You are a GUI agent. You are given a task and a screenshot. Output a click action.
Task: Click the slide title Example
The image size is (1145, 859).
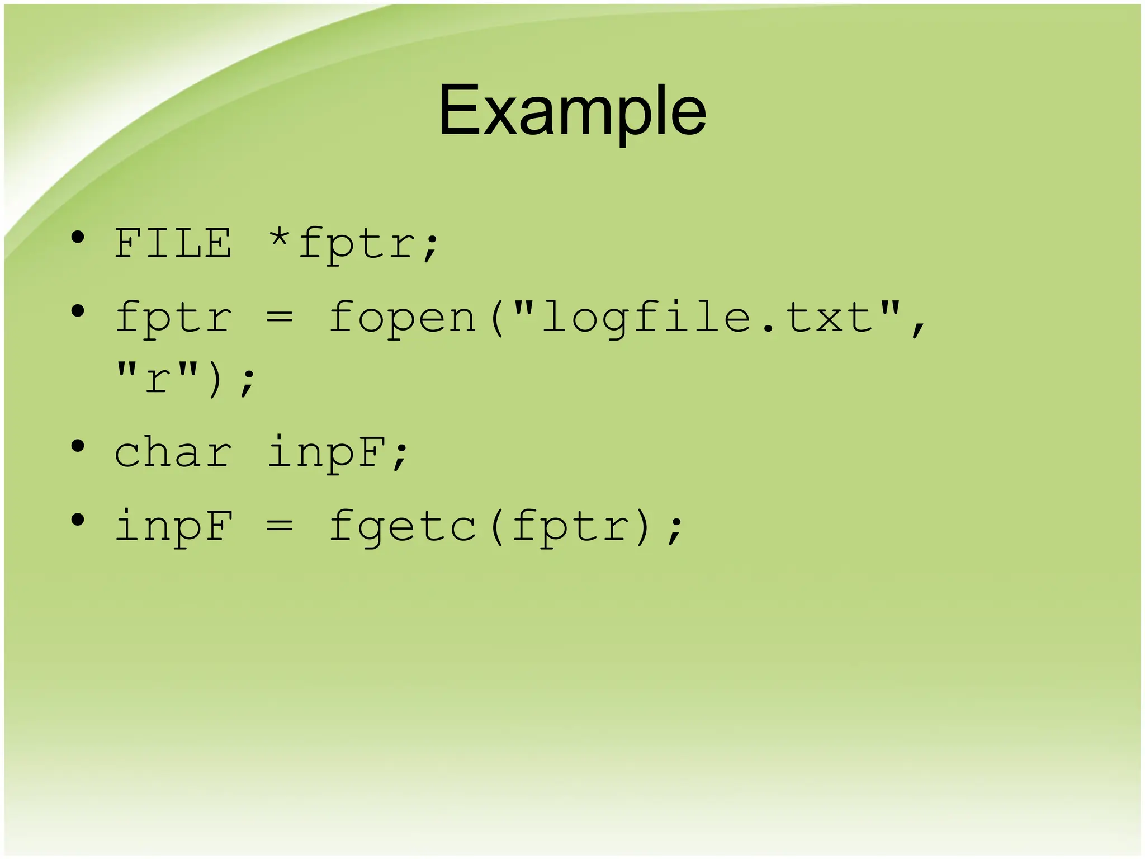572,111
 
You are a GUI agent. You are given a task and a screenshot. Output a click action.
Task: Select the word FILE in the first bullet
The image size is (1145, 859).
173,244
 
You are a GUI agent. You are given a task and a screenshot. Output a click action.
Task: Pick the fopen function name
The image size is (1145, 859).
401,318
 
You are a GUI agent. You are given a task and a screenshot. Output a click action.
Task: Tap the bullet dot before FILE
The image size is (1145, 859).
78,238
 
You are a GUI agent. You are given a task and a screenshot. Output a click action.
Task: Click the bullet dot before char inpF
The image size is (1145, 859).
78,446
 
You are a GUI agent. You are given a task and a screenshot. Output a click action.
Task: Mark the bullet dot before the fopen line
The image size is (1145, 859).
78,311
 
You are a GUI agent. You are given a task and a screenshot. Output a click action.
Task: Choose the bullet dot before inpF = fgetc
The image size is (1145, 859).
78,520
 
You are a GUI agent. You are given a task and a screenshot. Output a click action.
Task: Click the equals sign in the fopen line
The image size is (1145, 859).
279,318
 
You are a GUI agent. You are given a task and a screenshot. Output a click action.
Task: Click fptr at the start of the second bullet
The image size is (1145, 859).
173,318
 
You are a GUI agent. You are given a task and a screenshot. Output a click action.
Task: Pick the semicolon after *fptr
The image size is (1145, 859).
431,249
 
